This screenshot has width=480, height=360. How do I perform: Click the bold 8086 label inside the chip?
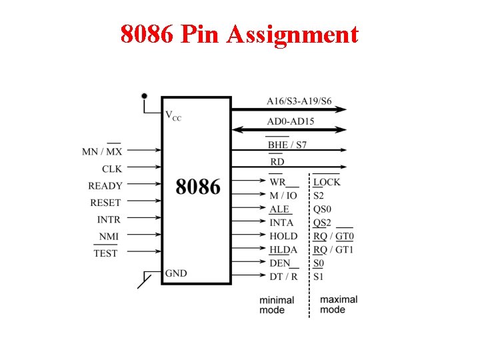pos(198,187)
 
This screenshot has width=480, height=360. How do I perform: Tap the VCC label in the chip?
pos(173,115)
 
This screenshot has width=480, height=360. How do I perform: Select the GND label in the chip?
pos(176,273)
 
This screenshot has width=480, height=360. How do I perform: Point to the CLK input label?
pos(112,169)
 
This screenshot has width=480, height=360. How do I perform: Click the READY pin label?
pos(105,186)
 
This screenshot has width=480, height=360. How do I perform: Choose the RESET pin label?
pos(106,203)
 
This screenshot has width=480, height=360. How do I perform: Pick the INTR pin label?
pos(109,219)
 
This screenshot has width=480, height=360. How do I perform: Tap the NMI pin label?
pos(109,237)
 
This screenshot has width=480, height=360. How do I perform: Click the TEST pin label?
pos(105,253)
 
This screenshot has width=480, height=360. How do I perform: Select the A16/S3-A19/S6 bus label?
pos(299,101)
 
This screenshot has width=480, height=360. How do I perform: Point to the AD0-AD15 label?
pos(291,121)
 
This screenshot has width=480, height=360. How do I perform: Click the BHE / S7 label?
pos(287,145)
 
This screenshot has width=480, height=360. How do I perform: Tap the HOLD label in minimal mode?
pos(283,236)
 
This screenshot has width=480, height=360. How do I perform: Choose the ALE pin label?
pos(279,209)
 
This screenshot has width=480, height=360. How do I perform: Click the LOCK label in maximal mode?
pos(327,182)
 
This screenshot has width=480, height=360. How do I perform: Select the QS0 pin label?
pos(323,209)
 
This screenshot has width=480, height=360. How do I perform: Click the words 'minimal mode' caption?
pos(277,305)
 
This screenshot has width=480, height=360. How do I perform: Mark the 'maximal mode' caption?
pos(339,304)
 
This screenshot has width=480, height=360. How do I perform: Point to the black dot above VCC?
pos(143,96)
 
